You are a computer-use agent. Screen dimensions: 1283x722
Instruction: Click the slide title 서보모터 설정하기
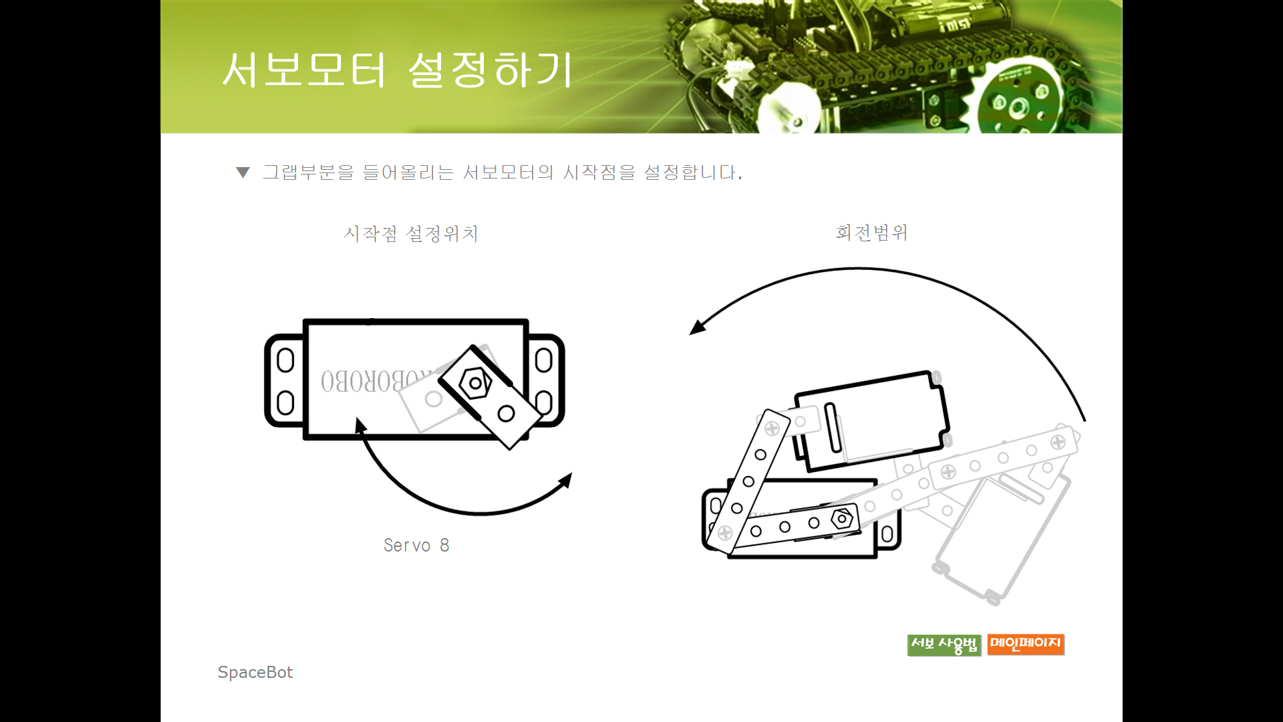click(398, 70)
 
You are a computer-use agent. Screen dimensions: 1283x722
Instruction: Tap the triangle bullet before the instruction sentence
click(243, 172)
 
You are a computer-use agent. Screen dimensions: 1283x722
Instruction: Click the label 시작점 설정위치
click(411, 233)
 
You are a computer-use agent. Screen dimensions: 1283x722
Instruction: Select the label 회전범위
click(871, 232)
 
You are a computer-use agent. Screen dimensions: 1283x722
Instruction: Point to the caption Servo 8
click(416, 546)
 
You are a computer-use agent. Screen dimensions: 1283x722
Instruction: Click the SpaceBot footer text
click(255, 672)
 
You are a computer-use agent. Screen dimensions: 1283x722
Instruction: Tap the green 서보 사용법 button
click(944, 645)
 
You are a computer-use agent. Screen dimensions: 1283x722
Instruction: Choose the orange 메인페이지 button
click(1026, 644)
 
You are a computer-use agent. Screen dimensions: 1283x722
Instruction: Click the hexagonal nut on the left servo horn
click(475, 383)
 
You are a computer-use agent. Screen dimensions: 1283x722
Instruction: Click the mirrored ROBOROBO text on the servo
click(374, 380)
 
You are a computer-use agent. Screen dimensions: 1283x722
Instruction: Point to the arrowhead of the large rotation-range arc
click(698, 327)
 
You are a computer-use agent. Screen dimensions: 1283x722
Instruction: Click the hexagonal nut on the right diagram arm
click(842, 518)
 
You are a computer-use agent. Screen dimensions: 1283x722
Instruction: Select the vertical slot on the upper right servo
click(833, 428)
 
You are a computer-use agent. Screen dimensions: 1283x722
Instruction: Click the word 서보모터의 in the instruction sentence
click(508, 172)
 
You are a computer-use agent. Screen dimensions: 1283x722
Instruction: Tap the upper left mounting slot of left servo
click(285, 360)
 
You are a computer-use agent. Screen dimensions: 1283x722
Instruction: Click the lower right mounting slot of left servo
click(544, 402)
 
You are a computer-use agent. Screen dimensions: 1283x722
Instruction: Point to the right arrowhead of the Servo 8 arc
click(565, 480)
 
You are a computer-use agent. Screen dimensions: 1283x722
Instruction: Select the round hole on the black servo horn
click(506, 413)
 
